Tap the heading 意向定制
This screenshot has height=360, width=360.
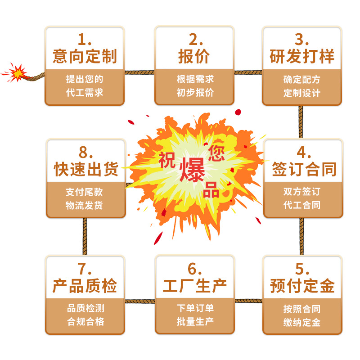(85, 57)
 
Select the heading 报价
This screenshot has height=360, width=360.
(194, 57)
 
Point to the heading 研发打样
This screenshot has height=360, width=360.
(302, 57)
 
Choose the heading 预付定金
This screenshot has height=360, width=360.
(302, 286)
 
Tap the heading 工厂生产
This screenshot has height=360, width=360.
(194, 286)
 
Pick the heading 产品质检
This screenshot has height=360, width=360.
(85, 286)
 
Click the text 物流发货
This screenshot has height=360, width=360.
(85, 205)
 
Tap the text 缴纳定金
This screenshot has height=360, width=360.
(302, 322)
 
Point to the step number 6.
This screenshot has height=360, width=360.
(193, 269)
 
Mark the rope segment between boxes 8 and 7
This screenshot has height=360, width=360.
(85, 237)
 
